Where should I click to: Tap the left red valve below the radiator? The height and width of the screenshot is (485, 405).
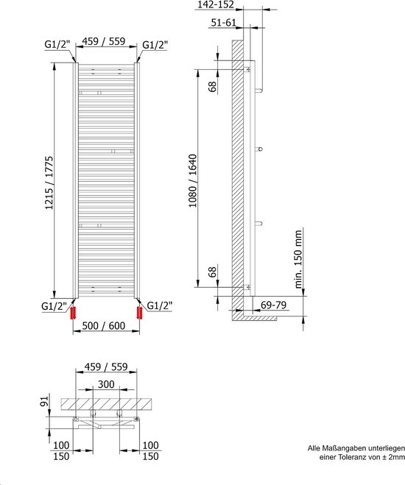click(72, 313)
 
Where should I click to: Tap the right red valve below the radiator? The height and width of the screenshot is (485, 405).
click(139, 313)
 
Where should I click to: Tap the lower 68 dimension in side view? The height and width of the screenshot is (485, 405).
click(212, 272)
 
